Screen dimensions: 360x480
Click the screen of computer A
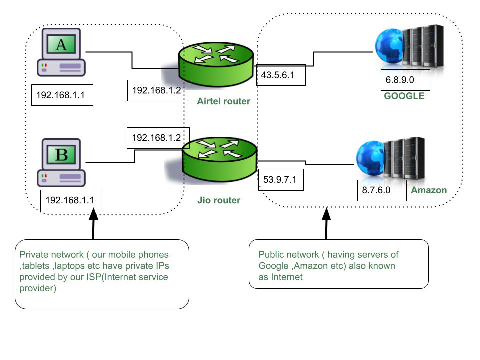pyautogui.click(x=61, y=45)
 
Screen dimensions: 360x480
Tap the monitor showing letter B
pyautogui.click(x=61, y=154)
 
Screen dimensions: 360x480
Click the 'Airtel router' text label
pyautogui.click(x=224, y=101)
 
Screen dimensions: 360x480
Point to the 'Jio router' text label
pyautogui.click(x=219, y=200)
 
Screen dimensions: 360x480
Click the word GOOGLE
pyautogui.click(x=404, y=96)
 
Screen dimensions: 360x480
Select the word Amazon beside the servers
pyautogui.click(x=429, y=190)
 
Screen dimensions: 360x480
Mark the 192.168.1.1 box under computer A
pyautogui.click(x=62, y=95)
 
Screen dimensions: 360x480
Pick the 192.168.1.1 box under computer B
pyautogui.click(x=70, y=200)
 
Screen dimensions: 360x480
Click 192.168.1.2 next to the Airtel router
pyautogui.click(x=156, y=90)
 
